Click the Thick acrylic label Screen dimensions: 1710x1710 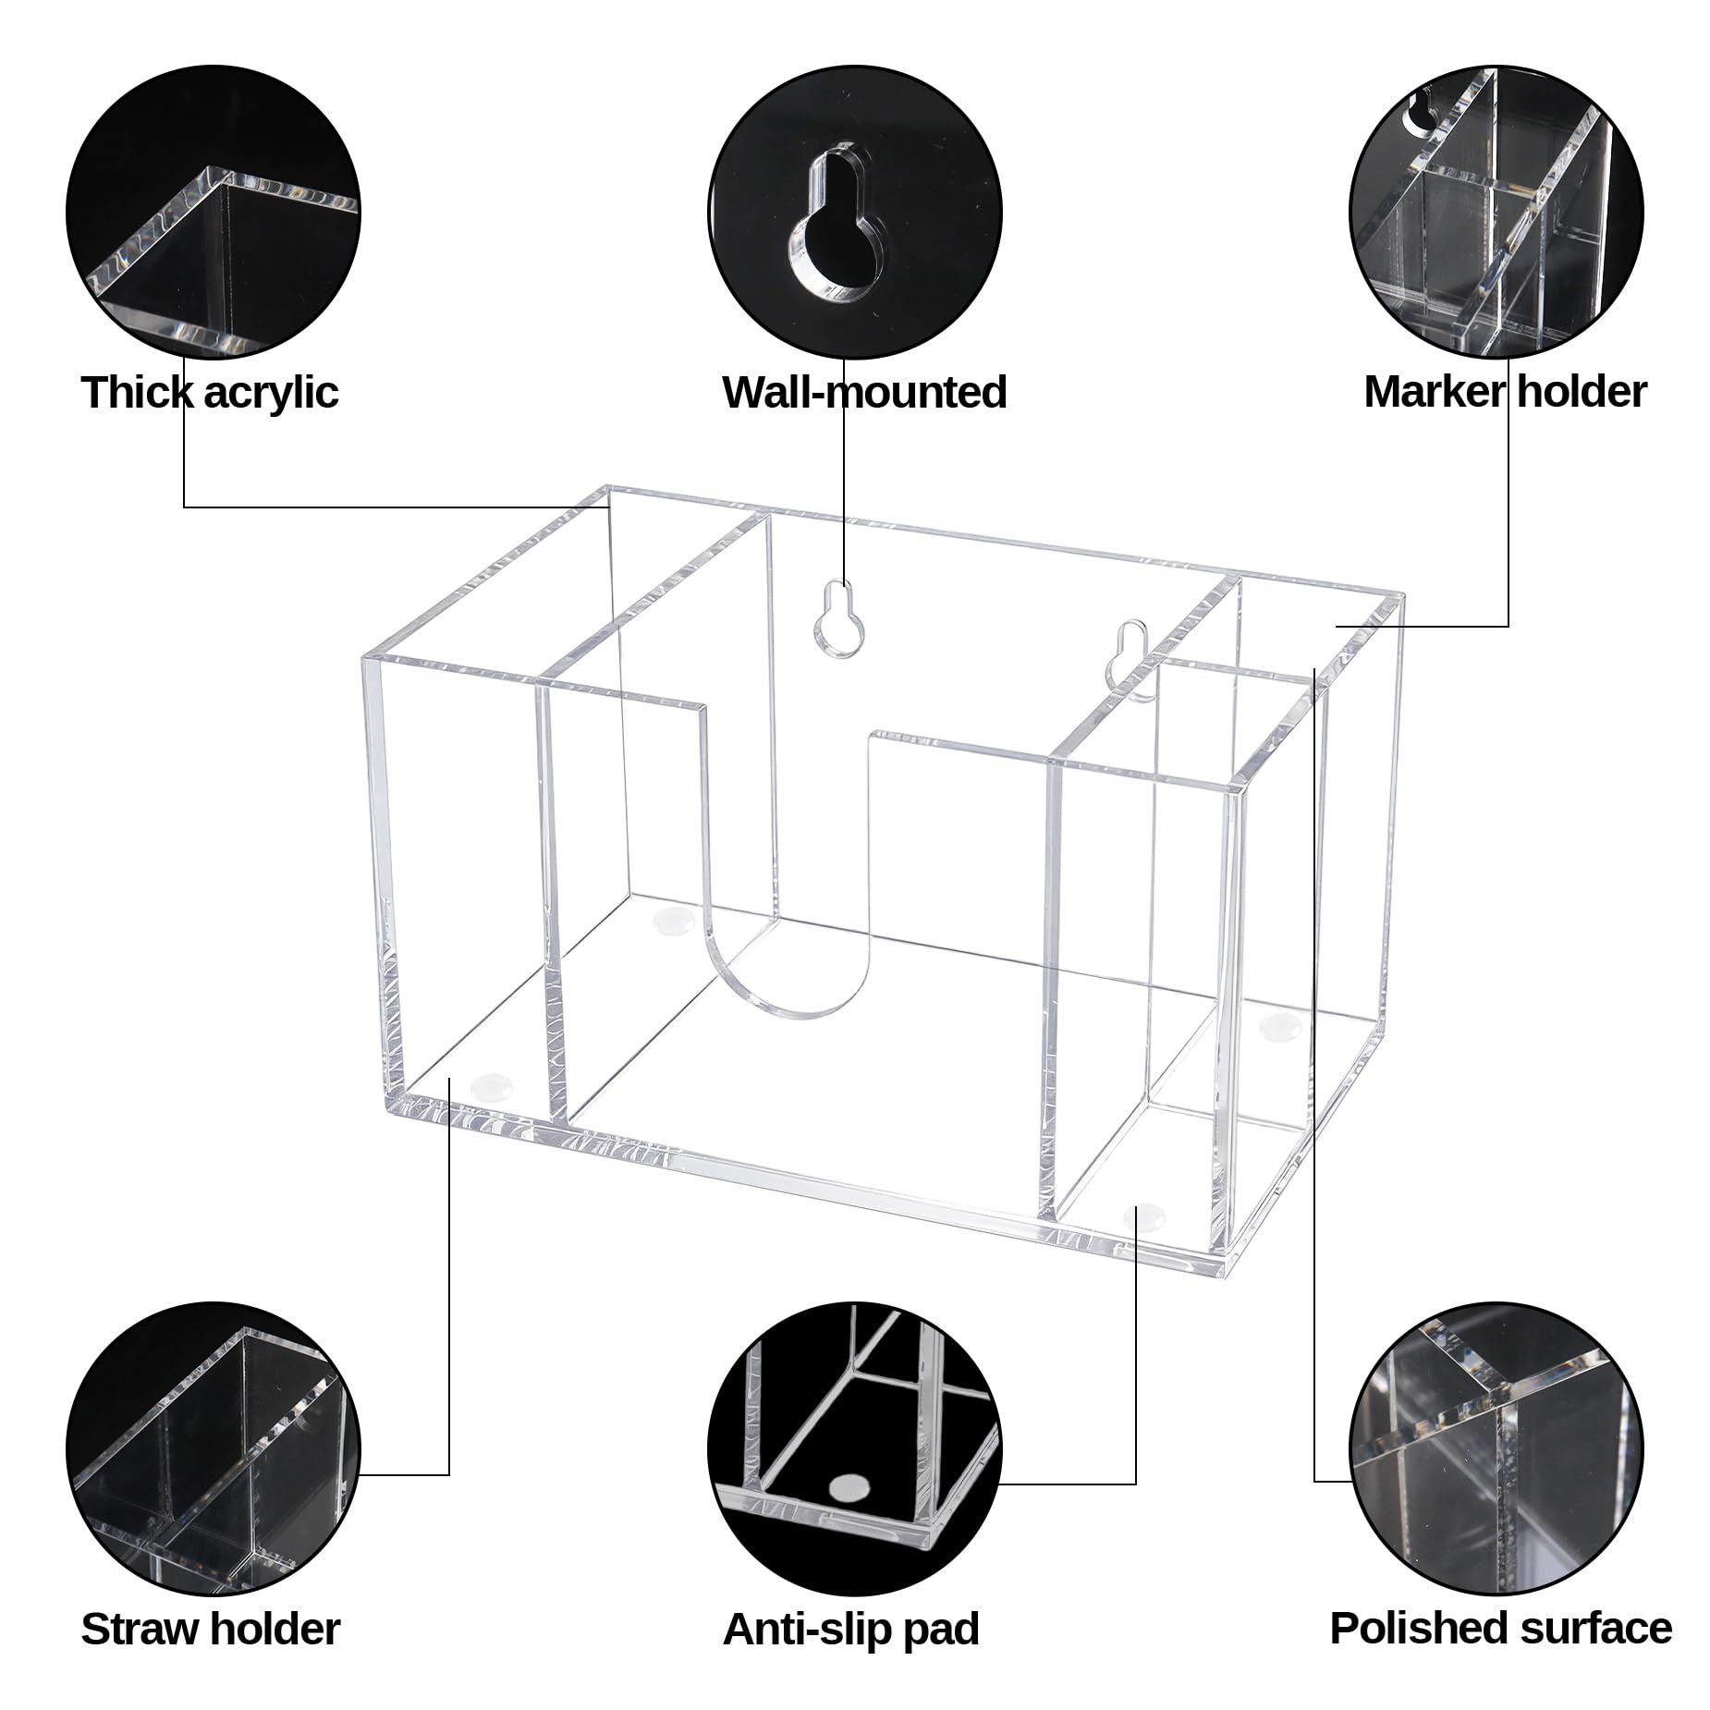point(210,392)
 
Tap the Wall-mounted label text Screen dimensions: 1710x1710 point(864,392)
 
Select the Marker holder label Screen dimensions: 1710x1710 point(1505,392)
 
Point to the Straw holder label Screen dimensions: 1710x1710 point(210,1629)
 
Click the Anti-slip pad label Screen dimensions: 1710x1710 point(850,1629)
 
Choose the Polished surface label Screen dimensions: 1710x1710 point(1500,1629)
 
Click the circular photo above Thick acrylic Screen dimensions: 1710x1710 point(213,210)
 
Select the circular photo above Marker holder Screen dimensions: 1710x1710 point(1496,210)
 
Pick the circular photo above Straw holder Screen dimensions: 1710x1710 point(213,1447)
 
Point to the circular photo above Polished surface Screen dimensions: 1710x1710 point(1496,1447)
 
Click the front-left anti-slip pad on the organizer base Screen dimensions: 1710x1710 point(492,1083)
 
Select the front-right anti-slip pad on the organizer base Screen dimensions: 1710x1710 point(1143,1214)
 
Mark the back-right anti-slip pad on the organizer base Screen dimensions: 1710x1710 point(1280,1022)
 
